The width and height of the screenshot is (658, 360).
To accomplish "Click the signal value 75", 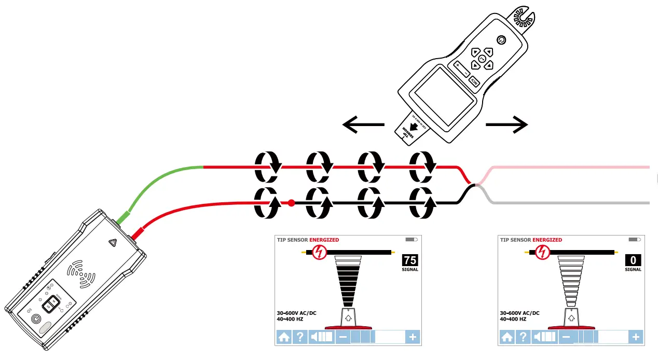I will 410,260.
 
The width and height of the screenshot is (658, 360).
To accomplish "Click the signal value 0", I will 633,260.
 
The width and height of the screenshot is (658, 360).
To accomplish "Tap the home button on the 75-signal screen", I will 283,337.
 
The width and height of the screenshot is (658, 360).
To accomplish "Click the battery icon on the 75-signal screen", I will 411,240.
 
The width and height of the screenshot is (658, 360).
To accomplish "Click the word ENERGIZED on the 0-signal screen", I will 547,240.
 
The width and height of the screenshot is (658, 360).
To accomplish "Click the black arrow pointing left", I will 363,124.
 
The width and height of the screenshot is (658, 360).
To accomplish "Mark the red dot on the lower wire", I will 292,203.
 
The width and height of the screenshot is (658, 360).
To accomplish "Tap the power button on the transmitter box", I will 36,320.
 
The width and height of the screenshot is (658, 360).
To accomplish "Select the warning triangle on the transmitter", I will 113,242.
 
